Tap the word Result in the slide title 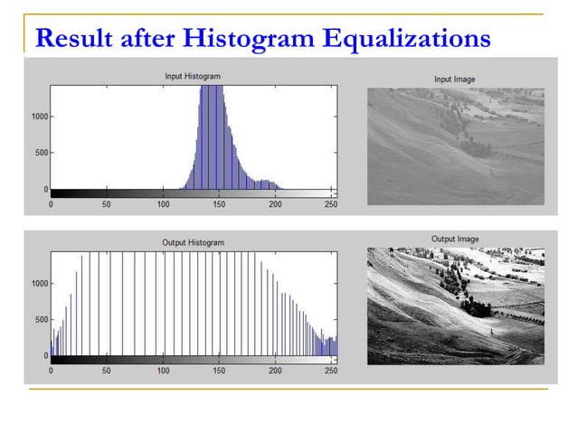coord(67,40)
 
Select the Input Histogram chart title coord(192,76)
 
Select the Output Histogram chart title coord(193,242)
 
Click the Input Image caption coord(455,80)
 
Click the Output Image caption coord(455,239)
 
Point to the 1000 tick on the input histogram coord(38,116)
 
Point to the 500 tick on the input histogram coord(41,153)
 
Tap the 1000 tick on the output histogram coord(38,283)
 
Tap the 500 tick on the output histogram coord(41,319)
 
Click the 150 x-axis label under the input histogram coord(219,204)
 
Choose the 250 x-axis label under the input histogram coord(331,204)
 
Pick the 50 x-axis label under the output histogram coord(107,371)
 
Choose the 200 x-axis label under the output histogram coord(275,371)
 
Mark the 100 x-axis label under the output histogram coord(163,371)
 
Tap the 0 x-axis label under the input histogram coord(51,204)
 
